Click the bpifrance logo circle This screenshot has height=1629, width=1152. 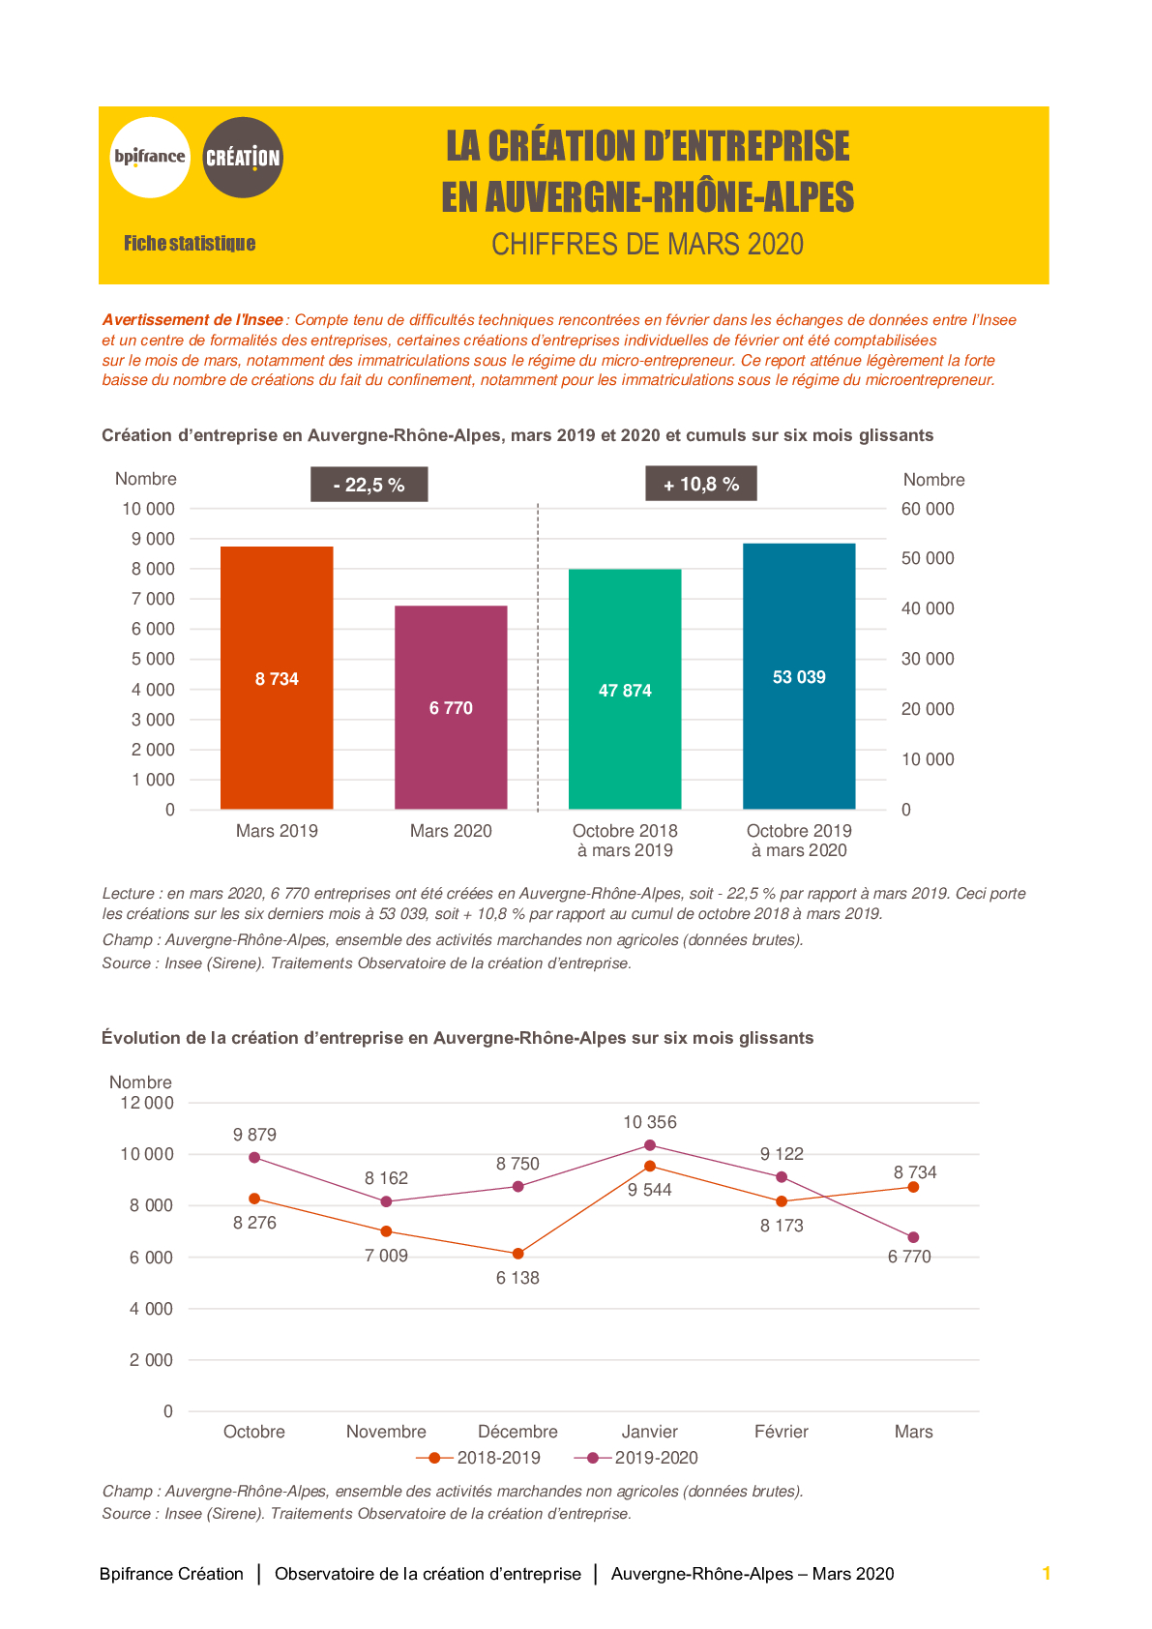[150, 157]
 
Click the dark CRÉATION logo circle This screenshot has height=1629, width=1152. [242, 157]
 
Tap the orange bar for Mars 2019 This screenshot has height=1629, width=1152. [277, 678]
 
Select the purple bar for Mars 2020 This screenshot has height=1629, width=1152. [451, 707]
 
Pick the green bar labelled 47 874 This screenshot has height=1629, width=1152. [625, 689]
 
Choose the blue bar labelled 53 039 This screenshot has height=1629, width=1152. [799, 676]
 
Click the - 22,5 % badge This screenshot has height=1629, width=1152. [369, 485]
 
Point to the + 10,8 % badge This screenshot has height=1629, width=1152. [701, 484]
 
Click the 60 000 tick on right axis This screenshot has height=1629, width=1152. [928, 509]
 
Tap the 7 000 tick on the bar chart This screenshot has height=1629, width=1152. [153, 599]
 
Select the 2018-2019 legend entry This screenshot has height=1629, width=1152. [478, 1458]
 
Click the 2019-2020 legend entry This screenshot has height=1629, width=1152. [635, 1458]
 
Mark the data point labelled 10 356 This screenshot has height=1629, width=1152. [650, 1145]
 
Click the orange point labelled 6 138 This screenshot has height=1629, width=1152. [517, 1254]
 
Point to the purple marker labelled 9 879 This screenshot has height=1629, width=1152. [254, 1158]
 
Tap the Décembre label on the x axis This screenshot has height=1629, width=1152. [517, 1432]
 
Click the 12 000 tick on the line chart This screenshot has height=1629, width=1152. [147, 1103]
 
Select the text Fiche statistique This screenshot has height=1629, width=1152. [189, 243]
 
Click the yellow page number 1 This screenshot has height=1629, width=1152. [1047, 1573]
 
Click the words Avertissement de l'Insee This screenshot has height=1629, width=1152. [192, 320]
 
